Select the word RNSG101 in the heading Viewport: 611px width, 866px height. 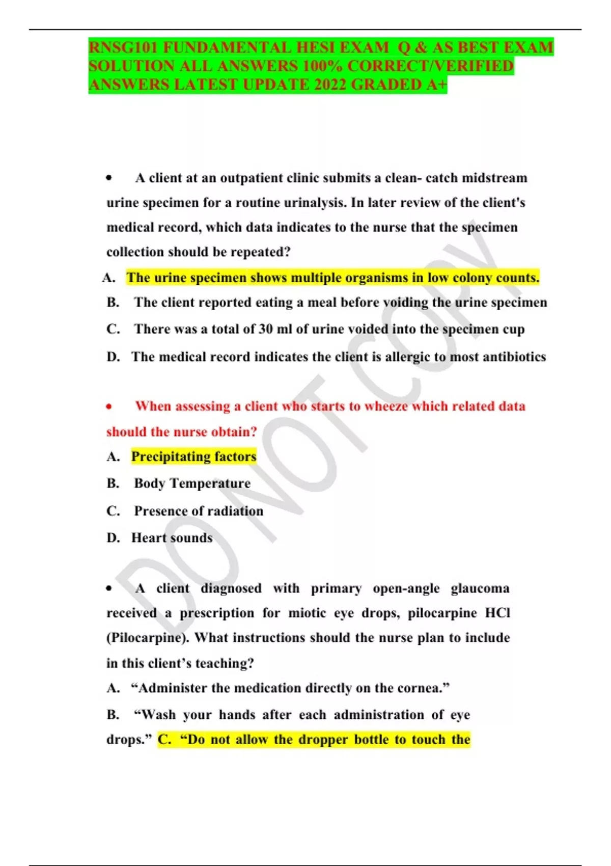[x=123, y=47]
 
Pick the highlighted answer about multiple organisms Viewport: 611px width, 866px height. [x=332, y=278]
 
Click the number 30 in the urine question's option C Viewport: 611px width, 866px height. [x=265, y=329]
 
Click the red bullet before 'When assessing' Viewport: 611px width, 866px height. [x=108, y=407]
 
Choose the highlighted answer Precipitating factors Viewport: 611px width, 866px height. [x=193, y=456]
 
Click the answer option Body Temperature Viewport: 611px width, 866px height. [x=192, y=483]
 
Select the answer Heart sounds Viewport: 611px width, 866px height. [x=172, y=537]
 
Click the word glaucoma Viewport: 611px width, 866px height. [x=480, y=588]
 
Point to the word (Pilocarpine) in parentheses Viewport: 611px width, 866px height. [x=147, y=638]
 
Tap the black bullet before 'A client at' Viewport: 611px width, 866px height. [x=108, y=178]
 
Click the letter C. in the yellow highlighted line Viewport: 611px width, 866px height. [x=164, y=739]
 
